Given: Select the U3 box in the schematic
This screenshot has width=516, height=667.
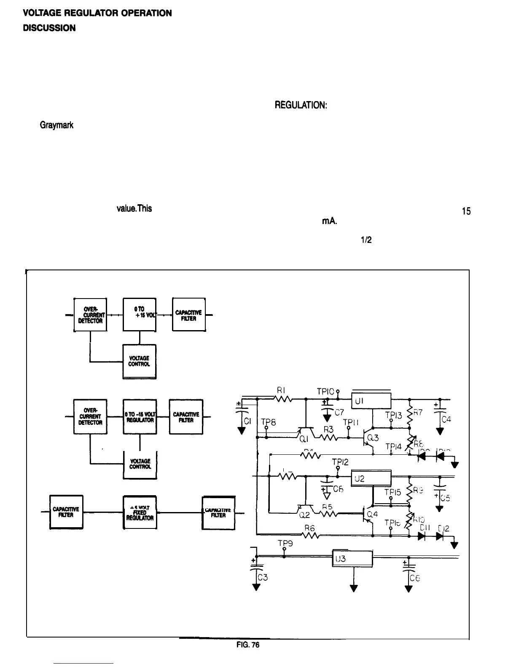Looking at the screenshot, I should [x=352, y=558].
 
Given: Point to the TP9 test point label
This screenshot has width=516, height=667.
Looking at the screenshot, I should [x=284, y=544].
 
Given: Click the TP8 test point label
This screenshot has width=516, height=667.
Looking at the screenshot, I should [x=268, y=422].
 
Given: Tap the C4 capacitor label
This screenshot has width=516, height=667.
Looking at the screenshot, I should [x=446, y=419].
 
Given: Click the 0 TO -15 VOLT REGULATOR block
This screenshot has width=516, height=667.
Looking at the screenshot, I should [x=140, y=416].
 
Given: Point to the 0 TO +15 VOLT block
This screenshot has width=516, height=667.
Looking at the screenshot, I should [x=140, y=314].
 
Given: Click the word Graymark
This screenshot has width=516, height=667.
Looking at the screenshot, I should [x=57, y=125].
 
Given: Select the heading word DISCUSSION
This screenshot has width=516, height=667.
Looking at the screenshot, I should [x=49, y=28].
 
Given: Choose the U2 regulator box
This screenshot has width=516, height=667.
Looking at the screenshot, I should [x=371, y=478].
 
